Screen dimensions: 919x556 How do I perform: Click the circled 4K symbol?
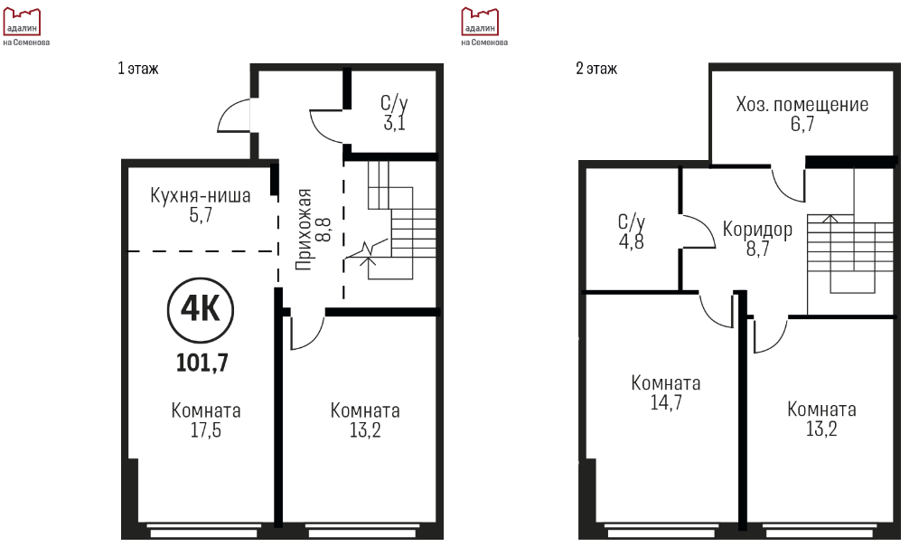pos(201,310)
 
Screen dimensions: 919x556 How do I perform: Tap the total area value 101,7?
pos(202,363)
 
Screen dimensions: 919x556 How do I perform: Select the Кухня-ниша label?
pos(201,195)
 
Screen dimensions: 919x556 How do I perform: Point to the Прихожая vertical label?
pos(304,230)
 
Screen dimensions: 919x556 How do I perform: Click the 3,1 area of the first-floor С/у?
pos(395,123)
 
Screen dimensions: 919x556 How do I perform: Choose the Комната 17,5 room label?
pos(206,419)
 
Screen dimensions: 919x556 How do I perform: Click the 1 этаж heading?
pos(138,69)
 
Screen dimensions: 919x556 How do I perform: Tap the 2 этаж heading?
pos(596,69)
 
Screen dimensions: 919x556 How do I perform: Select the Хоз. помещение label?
pos(802,104)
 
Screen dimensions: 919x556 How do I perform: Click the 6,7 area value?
pos(802,124)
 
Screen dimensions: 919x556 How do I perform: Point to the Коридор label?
pos(757,229)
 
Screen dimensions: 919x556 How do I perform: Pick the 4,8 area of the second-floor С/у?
pos(632,241)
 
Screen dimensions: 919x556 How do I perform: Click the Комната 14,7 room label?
pos(666,392)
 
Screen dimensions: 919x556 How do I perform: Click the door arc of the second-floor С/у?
pos(708,227)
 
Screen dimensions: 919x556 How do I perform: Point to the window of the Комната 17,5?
pos(203,530)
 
